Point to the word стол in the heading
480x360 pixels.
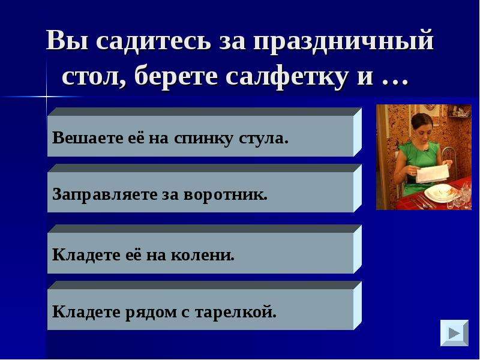(x=94, y=77)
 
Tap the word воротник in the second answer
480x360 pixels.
(x=226, y=194)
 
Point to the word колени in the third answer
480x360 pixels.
(x=202, y=255)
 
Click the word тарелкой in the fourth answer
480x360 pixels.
(x=235, y=313)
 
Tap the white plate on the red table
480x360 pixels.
(x=440, y=193)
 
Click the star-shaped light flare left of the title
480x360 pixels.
(x=47, y=97)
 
